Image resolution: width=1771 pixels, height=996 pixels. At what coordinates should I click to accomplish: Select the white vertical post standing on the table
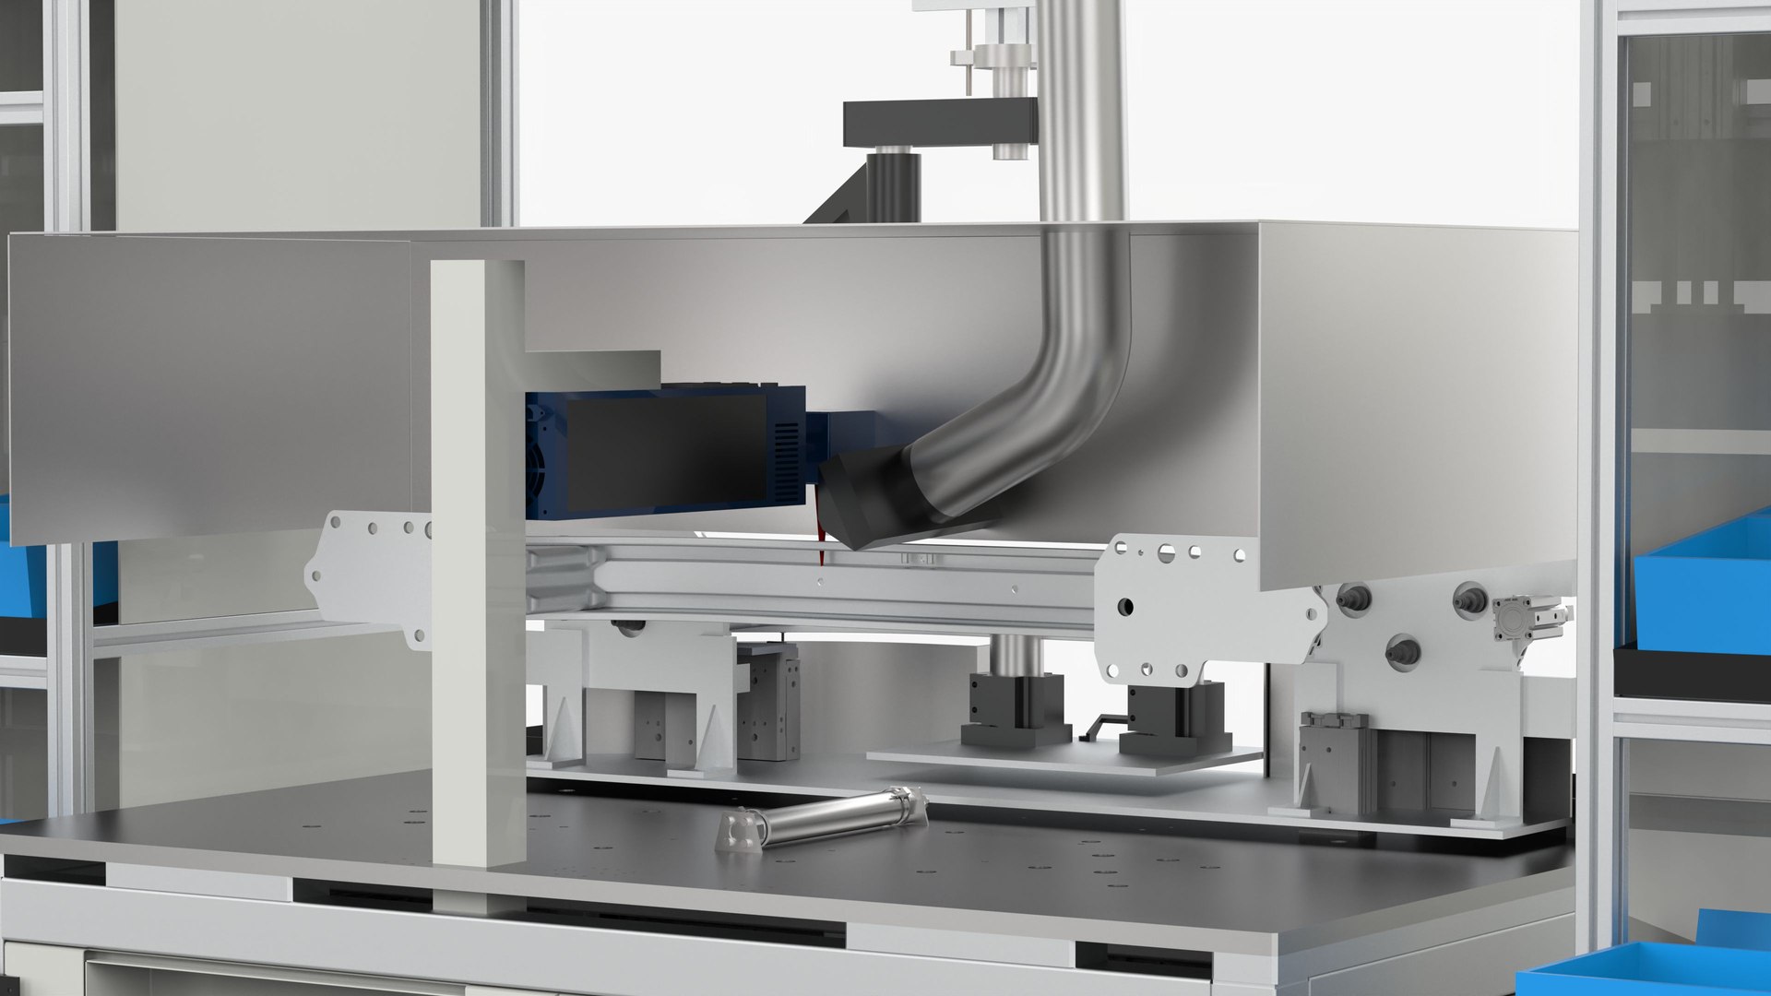coord(477,563)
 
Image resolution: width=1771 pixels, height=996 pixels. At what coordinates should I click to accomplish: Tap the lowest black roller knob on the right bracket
coord(1402,651)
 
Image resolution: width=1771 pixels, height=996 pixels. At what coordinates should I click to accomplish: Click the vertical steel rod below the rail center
coord(1015,655)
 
